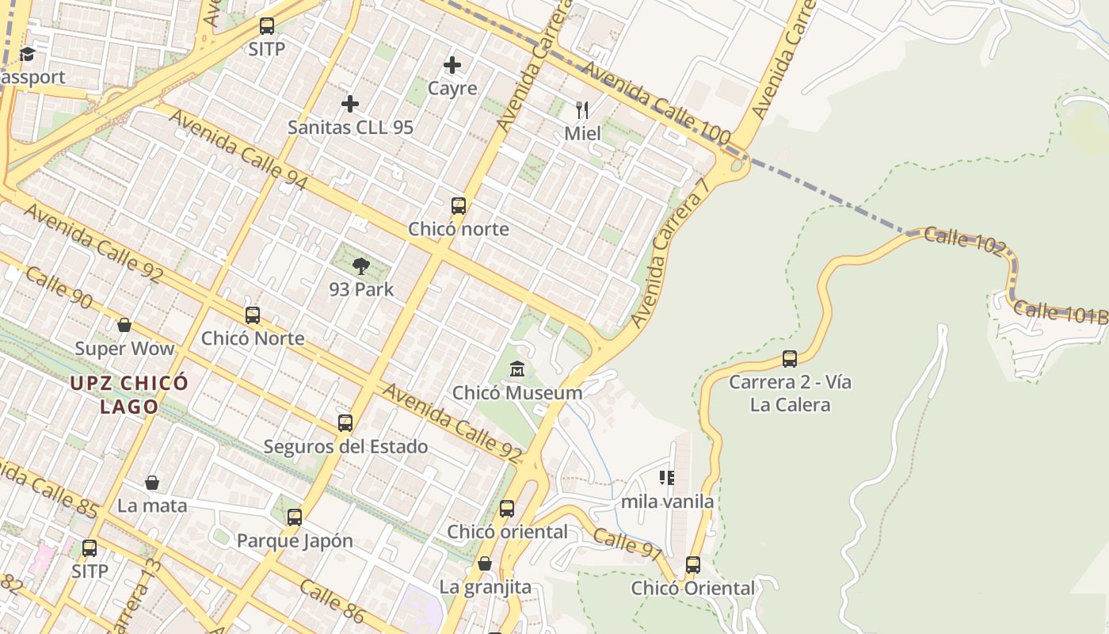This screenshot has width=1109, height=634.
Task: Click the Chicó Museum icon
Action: (517, 369)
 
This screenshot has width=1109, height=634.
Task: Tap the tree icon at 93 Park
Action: (361, 265)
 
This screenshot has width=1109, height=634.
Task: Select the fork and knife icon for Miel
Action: (582, 109)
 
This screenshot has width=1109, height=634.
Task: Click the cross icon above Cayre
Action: (452, 64)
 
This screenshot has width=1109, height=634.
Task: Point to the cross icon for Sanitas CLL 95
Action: (350, 104)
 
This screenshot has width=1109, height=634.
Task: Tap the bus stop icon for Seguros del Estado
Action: (345, 422)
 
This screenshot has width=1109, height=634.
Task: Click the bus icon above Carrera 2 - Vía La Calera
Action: (790, 358)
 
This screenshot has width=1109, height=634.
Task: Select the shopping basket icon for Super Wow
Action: (124, 325)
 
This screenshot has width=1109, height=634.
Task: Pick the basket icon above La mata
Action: (152, 482)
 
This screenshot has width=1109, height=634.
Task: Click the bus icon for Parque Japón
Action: (295, 518)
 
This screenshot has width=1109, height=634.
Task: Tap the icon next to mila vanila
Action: (667, 477)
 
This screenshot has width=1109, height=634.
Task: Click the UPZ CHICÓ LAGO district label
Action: (129, 395)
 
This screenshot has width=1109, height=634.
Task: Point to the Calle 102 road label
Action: (964, 240)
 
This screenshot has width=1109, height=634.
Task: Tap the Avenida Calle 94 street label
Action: (238, 150)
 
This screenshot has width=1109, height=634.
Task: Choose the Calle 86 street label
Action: (332, 599)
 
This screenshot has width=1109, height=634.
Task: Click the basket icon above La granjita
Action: (485, 563)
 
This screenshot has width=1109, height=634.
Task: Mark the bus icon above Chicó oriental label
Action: (507, 508)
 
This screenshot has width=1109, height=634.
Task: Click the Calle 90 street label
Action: (59, 288)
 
